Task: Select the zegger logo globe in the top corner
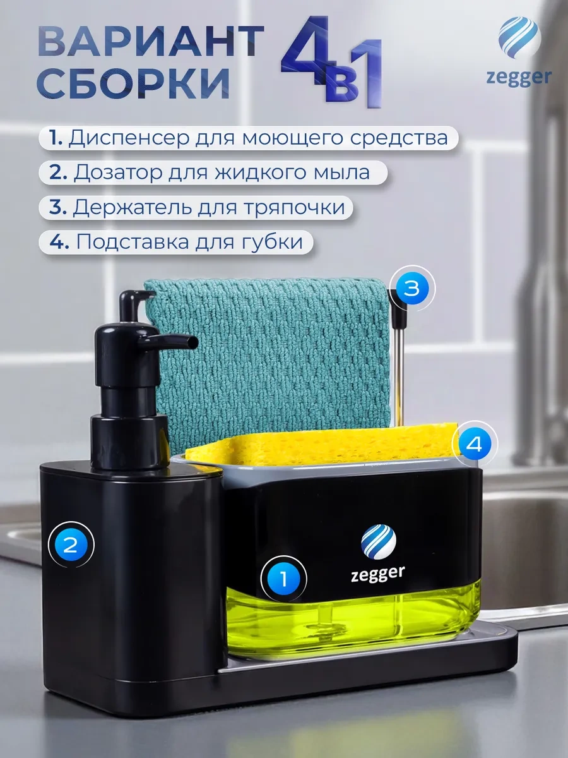pyautogui.click(x=518, y=39)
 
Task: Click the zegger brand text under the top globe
pyautogui.click(x=519, y=78)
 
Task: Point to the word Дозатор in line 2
pyautogui.click(x=118, y=172)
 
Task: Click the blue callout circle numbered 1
pyautogui.click(x=283, y=579)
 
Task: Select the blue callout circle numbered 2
pyautogui.click(x=71, y=545)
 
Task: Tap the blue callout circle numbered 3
pyautogui.click(x=413, y=289)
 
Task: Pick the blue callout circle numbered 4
pyautogui.click(x=475, y=444)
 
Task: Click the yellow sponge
pyautogui.click(x=321, y=446)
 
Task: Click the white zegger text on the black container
pyautogui.click(x=377, y=574)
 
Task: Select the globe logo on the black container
pyautogui.click(x=378, y=541)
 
